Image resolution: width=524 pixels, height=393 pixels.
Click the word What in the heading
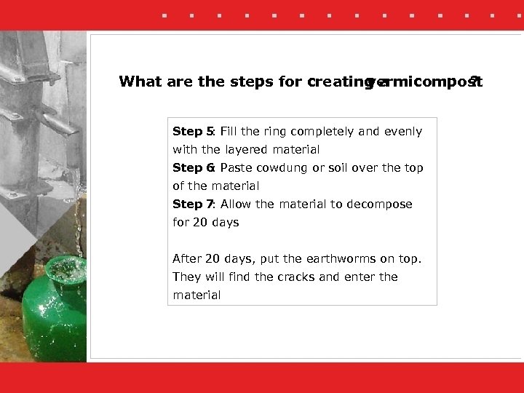coord(140,82)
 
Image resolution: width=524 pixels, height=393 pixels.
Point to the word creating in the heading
coord(336,82)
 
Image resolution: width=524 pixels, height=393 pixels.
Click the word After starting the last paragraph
coord(187,259)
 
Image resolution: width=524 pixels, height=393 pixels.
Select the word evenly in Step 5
coord(402,132)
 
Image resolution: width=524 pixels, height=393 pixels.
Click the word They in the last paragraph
coord(186,277)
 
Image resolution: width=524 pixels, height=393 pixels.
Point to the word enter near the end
coord(358,277)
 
